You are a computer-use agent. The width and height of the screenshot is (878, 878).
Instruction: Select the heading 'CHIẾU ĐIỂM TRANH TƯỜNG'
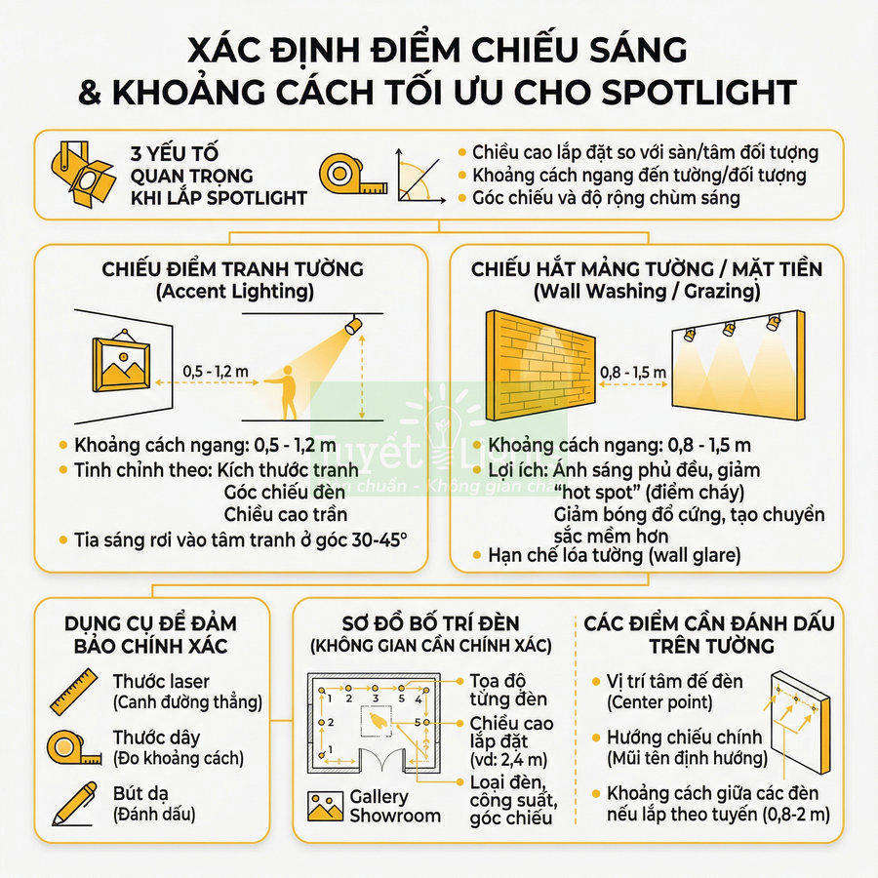(232, 268)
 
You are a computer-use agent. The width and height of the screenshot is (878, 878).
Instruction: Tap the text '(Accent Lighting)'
(232, 291)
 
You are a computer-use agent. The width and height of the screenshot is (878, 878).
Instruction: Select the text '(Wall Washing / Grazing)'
(645, 291)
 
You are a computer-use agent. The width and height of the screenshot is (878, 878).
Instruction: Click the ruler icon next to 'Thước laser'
(73, 692)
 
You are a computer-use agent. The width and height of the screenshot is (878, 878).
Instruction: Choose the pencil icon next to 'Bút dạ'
(73, 803)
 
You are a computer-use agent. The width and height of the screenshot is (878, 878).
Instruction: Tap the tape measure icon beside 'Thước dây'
(73, 747)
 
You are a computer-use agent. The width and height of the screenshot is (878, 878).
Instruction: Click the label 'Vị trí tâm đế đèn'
(674, 680)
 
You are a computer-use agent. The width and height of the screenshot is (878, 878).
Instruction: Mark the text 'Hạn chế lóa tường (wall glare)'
(615, 556)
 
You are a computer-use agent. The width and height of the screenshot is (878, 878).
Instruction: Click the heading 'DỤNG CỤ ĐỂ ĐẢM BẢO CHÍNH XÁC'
(151, 634)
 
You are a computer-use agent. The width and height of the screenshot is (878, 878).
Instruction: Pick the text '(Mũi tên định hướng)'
(687, 758)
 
